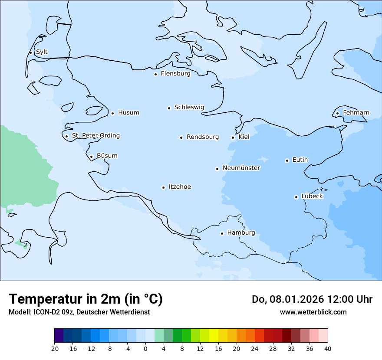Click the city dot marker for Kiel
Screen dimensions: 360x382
(x=233, y=137)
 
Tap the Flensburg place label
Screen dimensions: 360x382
(x=175, y=74)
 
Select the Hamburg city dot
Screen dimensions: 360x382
(x=222, y=233)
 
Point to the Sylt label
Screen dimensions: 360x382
(x=42, y=52)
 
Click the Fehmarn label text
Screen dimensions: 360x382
(x=356, y=113)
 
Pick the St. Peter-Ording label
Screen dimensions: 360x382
(x=95, y=136)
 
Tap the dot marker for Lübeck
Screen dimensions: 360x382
(x=296, y=197)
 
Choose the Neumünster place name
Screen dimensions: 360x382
(x=241, y=168)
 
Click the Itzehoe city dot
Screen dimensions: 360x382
(x=163, y=187)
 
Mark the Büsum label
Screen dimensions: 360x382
(x=107, y=156)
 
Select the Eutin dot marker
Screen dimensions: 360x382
(x=287, y=160)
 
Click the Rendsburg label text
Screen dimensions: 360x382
(x=203, y=137)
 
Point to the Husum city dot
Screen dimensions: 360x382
(x=112, y=113)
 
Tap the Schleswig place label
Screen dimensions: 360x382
(x=189, y=107)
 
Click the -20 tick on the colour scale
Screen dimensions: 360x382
(x=54, y=349)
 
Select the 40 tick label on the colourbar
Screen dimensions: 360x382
(x=328, y=349)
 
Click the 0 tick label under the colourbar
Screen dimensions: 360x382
(x=145, y=349)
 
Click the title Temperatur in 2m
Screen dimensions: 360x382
(x=86, y=299)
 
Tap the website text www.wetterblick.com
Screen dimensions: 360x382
(x=313, y=312)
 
